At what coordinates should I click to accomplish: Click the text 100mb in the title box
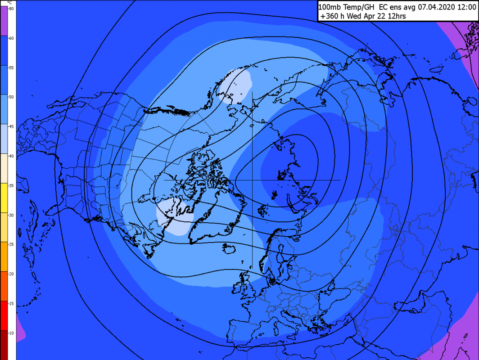pyautogui.click(x=330, y=7)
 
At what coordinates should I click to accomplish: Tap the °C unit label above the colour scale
pyautogui.click(x=9, y=3)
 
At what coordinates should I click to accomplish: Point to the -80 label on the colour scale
pyautogui.click(x=10, y=9)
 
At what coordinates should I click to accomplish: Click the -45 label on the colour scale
pyautogui.click(x=10, y=126)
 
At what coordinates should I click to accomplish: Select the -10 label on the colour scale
pyautogui.click(x=10, y=333)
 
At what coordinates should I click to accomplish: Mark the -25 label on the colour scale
pyautogui.click(x=10, y=244)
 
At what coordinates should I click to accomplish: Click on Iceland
pyautogui.click(x=229, y=249)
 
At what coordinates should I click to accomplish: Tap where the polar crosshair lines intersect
pyautogui.click(x=252, y=180)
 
